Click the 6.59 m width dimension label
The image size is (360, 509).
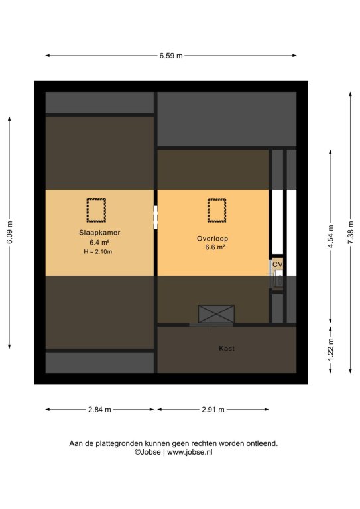(171, 56)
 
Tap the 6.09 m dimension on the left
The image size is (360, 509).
(10, 232)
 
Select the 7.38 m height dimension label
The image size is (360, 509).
(351, 233)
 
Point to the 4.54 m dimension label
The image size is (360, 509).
(330, 237)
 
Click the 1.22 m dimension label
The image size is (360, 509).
(330, 349)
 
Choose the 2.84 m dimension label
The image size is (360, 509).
(99, 410)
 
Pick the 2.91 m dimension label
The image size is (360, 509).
(213, 410)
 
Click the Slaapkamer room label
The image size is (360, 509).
(99, 233)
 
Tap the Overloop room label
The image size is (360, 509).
(213, 239)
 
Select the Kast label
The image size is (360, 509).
(227, 349)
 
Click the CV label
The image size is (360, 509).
(278, 264)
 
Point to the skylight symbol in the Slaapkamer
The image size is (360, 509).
(96, 210)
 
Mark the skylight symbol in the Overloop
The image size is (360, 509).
(217, 210)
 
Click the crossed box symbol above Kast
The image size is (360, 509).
(216, 314)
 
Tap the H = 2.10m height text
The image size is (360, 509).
(98, 251)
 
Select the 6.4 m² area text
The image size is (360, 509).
(99, 242)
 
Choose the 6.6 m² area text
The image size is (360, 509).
(215, 247)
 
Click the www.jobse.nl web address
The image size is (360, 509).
(190, 452)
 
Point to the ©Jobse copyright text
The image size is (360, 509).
(148, 452)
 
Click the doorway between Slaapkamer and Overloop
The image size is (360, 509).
(156, 217)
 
